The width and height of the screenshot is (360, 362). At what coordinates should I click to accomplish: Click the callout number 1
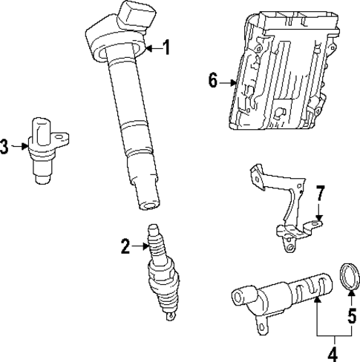[x=166, y=49]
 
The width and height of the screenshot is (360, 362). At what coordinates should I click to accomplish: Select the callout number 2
[x=125, y=246]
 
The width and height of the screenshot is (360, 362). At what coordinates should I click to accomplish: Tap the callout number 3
[x=5, y=147]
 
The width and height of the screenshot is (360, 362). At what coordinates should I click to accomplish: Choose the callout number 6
[x=213, y=81]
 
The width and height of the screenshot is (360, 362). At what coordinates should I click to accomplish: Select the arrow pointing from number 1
[x=151, y=49]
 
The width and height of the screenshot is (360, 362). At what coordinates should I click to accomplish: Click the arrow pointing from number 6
[x=230, y=82]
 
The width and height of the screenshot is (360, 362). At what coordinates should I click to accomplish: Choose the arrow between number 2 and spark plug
[x=141, y=246]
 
